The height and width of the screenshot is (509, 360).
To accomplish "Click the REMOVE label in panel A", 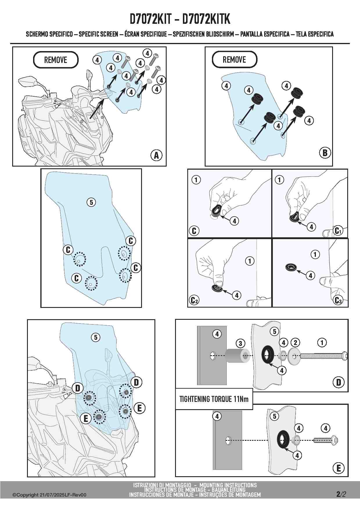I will (x=56, y=60).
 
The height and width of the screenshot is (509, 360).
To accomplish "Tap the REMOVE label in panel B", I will (x=234, y=59).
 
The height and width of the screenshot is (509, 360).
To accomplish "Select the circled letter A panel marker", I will (x=156, y=155).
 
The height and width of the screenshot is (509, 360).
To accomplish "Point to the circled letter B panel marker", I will (x=325, y=153).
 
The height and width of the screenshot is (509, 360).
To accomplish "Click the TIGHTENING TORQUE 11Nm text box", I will (x=214, y=399).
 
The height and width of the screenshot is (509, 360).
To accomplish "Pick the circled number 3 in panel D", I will (x=240, y=344).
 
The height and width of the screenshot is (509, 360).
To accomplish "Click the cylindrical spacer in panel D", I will (x=237, y=356).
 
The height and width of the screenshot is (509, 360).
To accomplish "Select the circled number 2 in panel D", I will (x=295, y=343).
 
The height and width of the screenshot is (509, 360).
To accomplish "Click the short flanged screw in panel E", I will (x=326, y=441).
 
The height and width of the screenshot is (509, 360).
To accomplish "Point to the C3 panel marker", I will (x=338, y=300).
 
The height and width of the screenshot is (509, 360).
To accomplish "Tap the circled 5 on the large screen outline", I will (x=91, y=202).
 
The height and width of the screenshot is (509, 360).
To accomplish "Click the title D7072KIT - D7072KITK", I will (x=180, y=19).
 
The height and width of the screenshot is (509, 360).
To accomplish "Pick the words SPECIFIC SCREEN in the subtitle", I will (x=98, y=34).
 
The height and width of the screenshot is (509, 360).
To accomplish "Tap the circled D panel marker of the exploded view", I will (x=339, y=382).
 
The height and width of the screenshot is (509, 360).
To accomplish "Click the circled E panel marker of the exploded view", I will (x=339, y=468).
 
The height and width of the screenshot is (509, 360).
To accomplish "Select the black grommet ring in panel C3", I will (x=290, y=267).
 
